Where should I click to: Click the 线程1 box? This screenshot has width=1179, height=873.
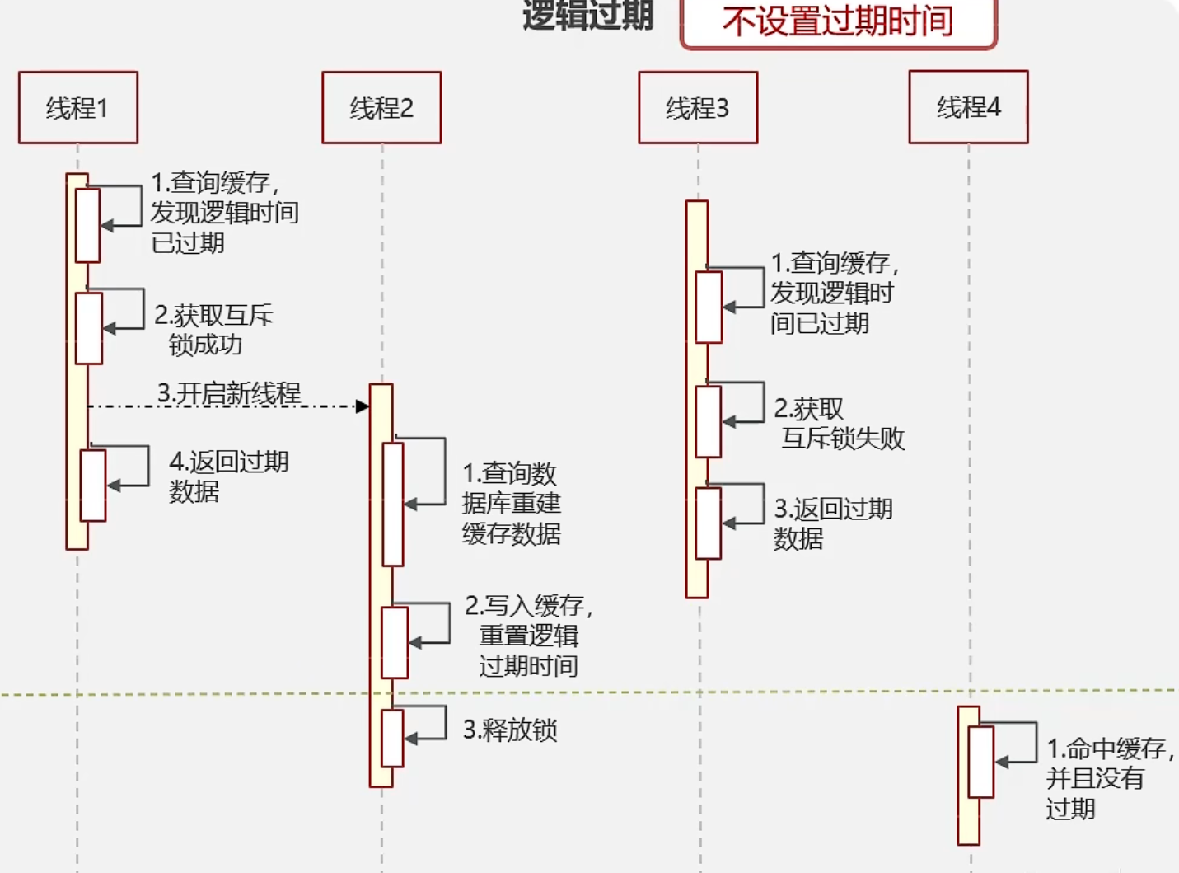pyautogui.click(x=78, y=107)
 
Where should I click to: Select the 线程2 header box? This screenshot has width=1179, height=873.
pyautogui.click(x=381, y=107)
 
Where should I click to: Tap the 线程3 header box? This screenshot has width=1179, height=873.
pyautogui.click(x=698, y=107)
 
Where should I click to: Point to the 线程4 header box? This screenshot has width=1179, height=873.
pyautogui.click(x=968, y=106)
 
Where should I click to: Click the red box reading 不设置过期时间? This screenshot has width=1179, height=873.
pyautogui.click(x=838, y=22)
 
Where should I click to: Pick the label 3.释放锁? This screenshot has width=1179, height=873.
pyautogui.click(x=510, y=730)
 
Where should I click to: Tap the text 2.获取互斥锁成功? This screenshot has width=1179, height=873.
pyautogui.click(x=213, y=330)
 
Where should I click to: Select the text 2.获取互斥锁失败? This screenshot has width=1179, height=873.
pyautogui.click(x=839, y=424)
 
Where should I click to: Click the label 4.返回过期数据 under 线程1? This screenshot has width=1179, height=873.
pyautogui.click(x=228, y=476)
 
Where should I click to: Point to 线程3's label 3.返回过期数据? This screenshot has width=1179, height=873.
pyautogui.click(x=832, y=523)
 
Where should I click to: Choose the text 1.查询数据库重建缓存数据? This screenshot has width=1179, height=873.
pyautogui.click(x=511, y=503)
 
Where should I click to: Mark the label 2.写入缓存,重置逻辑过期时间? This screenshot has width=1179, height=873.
pyautogui.click(x=528, y=636)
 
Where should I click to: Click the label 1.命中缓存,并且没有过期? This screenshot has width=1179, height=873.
pyautogui.click(x=1108, y=778)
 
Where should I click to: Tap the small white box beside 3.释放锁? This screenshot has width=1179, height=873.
pyautogui.click(x=392, y=738)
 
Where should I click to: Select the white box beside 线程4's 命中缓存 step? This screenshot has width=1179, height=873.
pyautogui.click(x=980, y=762)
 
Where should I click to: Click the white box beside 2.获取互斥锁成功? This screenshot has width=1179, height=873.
pyautogui.click(x=88, y=328)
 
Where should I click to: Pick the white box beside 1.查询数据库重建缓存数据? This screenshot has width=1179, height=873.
pyautogui.click(x=393, y=504)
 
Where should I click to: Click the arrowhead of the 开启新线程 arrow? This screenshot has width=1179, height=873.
pyautogui.click(x=362, y=406)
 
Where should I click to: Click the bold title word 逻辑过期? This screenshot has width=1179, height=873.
pyautogui.click(x=587, y=15)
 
